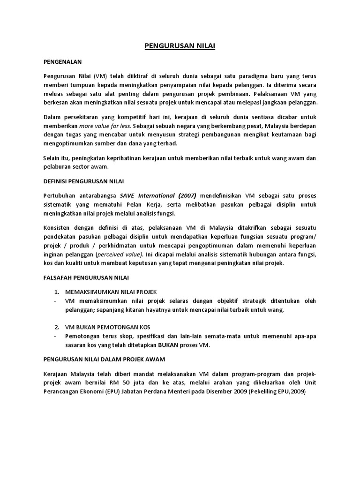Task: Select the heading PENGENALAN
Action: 63,61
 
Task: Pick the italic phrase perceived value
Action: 119,254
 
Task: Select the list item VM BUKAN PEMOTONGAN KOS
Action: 107,326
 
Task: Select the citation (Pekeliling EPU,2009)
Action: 277,391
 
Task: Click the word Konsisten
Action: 58,227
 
